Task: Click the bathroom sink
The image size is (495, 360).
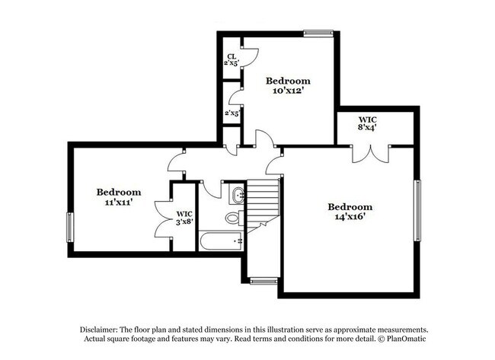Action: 237,195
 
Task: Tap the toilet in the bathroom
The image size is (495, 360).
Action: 233,218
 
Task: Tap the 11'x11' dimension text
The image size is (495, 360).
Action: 119,204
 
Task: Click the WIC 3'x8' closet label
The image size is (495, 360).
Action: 185,223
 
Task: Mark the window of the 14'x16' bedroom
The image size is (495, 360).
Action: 417,209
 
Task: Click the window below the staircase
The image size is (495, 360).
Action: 263,281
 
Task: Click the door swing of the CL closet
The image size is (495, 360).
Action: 251,56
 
